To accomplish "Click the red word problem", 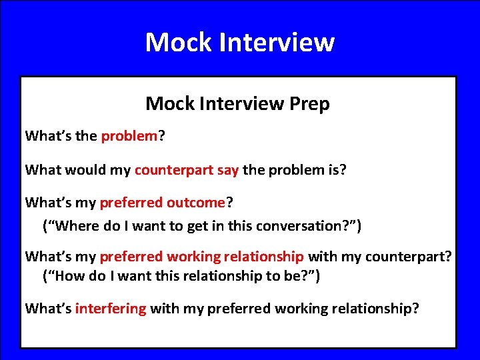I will (x=128, y=137).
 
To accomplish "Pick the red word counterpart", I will (x=174, y=169).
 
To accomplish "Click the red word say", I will (x=228, y=169).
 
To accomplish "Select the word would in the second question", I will (x=87, y=169).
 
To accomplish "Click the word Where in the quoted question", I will (x=79, y=226).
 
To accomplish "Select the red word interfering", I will (x=111, y=308).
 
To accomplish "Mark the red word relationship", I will (x=263, y=257).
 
